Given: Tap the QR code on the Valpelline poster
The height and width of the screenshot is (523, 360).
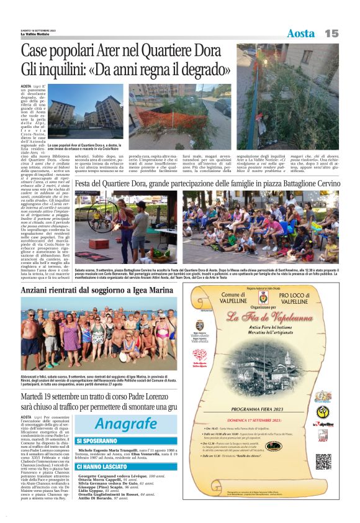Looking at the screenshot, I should pos(323,462).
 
